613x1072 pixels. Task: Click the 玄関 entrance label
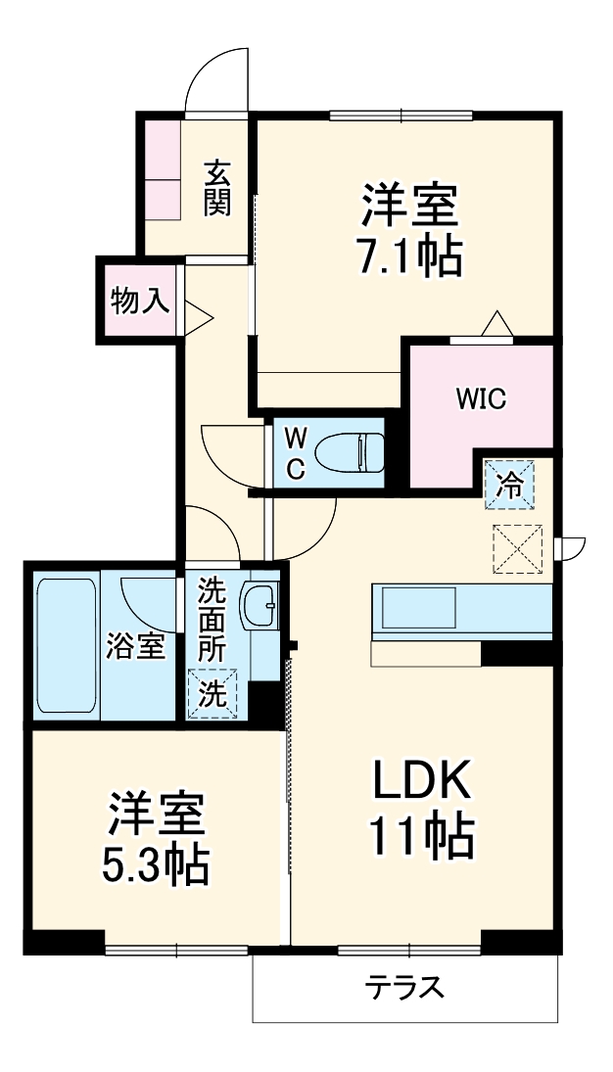(x=217, y=188)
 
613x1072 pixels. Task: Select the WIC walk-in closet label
(x=480, y=399)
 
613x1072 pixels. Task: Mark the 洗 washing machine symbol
(x=212, y=692)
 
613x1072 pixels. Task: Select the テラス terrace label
(x=405, y=987)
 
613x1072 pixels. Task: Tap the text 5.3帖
(x=157, y=863)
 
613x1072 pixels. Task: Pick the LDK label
(x=422, y=779)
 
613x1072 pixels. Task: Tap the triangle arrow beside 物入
(x=199, y=315)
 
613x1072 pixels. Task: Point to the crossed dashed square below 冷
(x=516, y=548)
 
